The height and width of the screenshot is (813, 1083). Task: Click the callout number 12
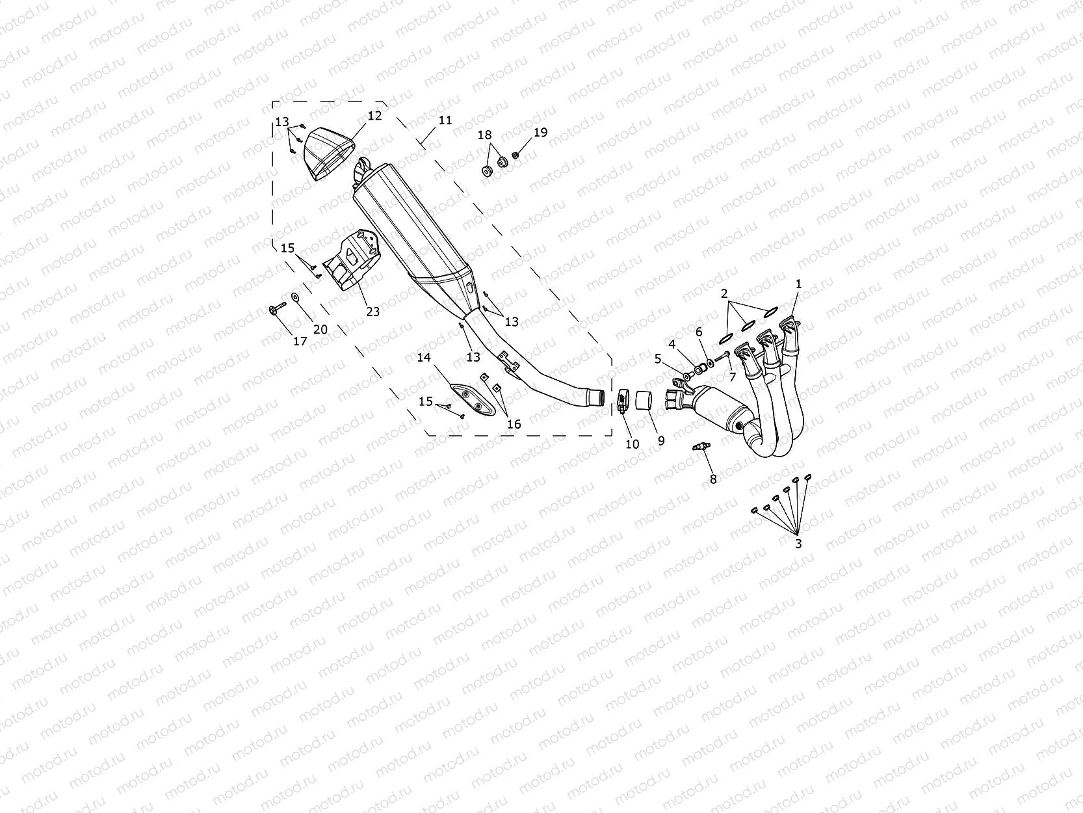(374, 116)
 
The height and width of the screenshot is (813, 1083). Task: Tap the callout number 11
(445, 120)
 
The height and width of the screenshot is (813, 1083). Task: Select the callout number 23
(372, 312)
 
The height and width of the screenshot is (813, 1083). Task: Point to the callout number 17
(300, 341)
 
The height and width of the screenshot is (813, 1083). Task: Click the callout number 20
(320, 330)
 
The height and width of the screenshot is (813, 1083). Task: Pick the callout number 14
(424, 357)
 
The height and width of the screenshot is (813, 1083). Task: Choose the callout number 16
(514, 424)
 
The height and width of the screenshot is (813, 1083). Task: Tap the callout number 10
(632, 444)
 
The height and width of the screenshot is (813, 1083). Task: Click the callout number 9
(661, 440)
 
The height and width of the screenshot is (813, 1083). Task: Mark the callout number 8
(713, 479)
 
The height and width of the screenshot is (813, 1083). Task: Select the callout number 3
(798, 544)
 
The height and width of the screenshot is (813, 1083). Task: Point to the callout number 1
(799, 284)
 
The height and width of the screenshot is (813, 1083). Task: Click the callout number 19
(541, 133)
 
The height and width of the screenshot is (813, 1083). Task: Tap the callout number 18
(485, 135)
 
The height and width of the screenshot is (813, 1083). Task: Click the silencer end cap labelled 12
(330, 153)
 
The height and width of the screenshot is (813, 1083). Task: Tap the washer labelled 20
(296, 297)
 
